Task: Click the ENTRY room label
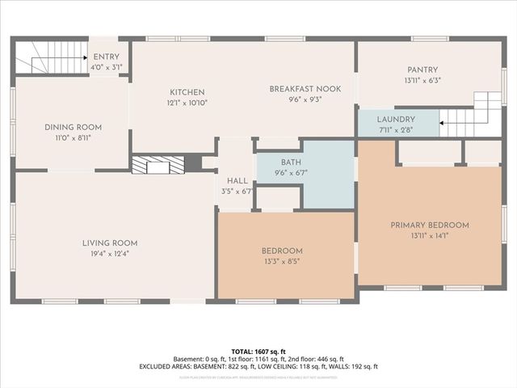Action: pyautogui.click(x=106, y=57)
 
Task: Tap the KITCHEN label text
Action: pyautogui.click(x=187, y=92)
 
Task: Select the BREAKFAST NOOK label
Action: pyautogui.click(x=305, y=88)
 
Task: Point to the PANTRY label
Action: pyautogui.click(x=422, y=70)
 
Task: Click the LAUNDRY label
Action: pyautogui.click(x=396, y=119)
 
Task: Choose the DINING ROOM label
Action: pyautogui.click(x=72, y=127)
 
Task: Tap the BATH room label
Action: pyautogui.click(x=291, y=162)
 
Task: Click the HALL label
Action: pyautogui.click(x=237, y=181)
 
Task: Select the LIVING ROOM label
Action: pyautogui.click(x=109, y=242)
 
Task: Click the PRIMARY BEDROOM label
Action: pyautogui.click(x=430, y=225)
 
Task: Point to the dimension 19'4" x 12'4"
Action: pyautogui.click(x=109, y=254)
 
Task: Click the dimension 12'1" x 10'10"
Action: pyautogui.click(x=187, y=103)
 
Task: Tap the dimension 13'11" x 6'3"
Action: pyautogui.click(x=422, y=80)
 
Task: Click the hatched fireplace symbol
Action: pyautogui.click(x=158, y=165)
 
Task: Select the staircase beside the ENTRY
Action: pyautogui.click(x=36, y=59)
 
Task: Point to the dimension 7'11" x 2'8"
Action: pyautogui.click(x=396, y=129)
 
